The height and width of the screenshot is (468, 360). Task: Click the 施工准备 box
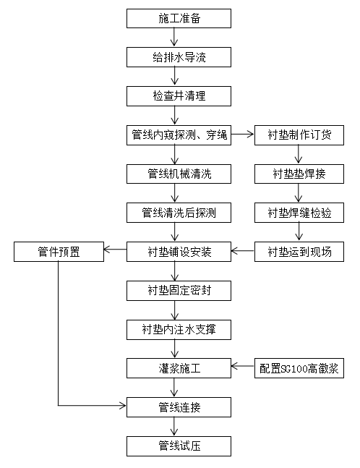point(179,18)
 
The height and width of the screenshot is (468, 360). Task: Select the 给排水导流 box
point(179,56)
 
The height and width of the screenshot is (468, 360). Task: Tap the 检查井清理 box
point(179,95)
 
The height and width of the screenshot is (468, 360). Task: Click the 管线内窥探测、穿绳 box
point(179,135)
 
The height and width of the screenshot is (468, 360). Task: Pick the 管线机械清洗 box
point(179,174)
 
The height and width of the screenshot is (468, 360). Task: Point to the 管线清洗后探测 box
point(179,213)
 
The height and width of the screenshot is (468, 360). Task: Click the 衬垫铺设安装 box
point(179,252)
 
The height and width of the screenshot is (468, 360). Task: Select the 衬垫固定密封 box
point(179,291)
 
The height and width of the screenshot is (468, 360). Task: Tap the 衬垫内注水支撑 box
point(179,330)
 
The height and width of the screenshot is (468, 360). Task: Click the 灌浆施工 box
point(179,368)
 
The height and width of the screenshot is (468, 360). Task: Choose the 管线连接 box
point(179,407)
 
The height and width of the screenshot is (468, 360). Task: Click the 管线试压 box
point(179,446)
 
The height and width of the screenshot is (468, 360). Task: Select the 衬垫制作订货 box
point(299,135)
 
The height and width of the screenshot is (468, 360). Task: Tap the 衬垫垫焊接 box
point(299,174)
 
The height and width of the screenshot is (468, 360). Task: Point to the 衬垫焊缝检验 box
point(299,213)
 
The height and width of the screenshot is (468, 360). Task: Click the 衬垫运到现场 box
point(299,252)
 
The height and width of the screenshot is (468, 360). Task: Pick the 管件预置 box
point(59,252)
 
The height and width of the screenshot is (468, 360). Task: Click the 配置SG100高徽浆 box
point(299,368)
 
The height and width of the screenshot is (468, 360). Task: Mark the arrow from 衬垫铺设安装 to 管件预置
point(115,252)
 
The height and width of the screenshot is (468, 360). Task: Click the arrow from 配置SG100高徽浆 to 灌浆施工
point(243,368)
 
